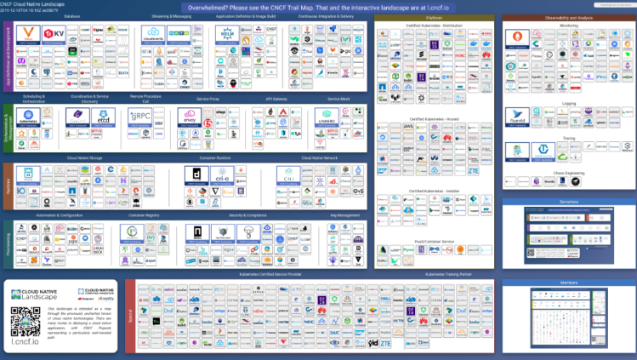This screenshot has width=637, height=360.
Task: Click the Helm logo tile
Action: pyautogui.click(x=229, y=35)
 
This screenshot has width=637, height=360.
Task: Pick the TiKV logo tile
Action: pyautogui.click(x=54, y=35)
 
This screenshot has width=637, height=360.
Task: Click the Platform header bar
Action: pyautogui.click(x=435, y=17)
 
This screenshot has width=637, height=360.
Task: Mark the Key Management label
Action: pyautogui.click(x=344, y=215)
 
